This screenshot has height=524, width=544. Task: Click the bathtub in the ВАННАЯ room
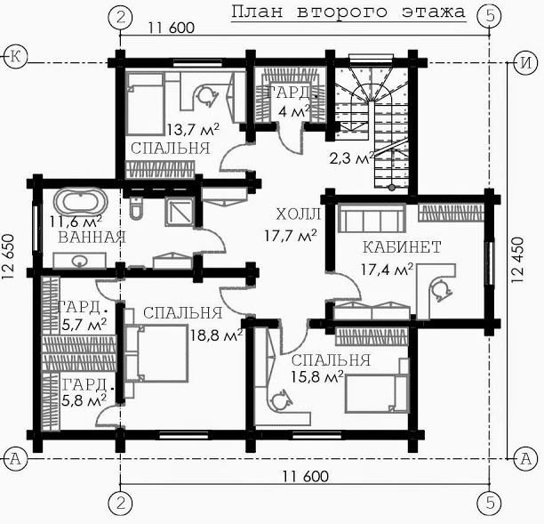(x=81, y=200)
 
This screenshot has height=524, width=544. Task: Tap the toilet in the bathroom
(x=136, y=208)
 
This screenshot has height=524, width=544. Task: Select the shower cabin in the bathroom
(x=180, y=212)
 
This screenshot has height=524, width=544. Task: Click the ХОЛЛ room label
(x=299, y=214)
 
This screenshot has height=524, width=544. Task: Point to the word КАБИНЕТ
(x=402, y=247)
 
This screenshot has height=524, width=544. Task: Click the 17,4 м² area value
(x=388, y=270)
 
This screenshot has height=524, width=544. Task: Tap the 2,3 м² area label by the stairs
(x=352, y=158)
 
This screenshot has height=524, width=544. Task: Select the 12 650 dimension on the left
(x=8, y=257)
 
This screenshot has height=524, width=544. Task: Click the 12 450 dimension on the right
(x=517, y=260)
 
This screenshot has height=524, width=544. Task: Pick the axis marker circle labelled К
(x=15, y=56)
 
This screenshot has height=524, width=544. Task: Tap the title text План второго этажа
(x=348, y=12)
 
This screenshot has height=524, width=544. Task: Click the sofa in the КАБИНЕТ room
(x=372, y=218)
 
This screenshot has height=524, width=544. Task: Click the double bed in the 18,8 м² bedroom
(x=156, y=353)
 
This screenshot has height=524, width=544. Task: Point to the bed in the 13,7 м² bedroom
(x=145, y=103)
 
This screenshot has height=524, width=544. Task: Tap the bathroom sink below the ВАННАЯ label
(x=79, y=261)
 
